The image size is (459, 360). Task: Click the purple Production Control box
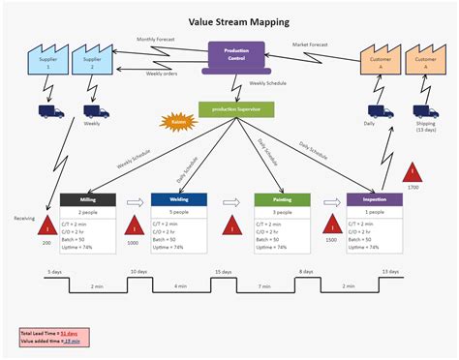tap(236, 55)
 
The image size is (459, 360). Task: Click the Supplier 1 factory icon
tap(46, 61)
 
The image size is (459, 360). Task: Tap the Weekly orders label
tap(161, 74)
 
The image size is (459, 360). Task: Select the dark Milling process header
tap(88, 199)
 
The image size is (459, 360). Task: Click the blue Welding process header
tap(178, 199)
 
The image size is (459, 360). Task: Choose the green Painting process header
tap(280, 199)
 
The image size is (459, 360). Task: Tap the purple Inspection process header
tap(374, 199)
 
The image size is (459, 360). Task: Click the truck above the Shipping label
tap(422, 110)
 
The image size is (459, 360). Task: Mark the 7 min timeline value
tap(263, 287)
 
